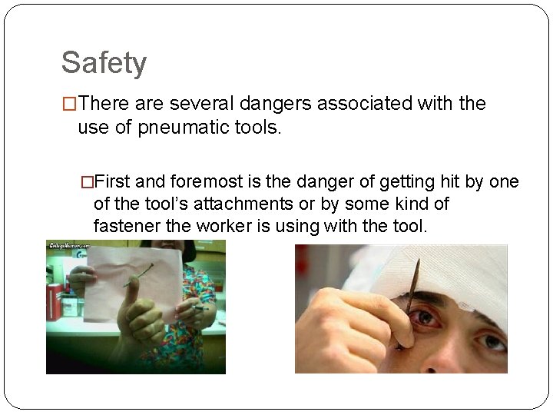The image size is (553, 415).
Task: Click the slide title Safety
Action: coord(104,63)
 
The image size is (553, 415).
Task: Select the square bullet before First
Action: coord(87,182)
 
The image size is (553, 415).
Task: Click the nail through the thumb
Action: coord(137,275)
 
